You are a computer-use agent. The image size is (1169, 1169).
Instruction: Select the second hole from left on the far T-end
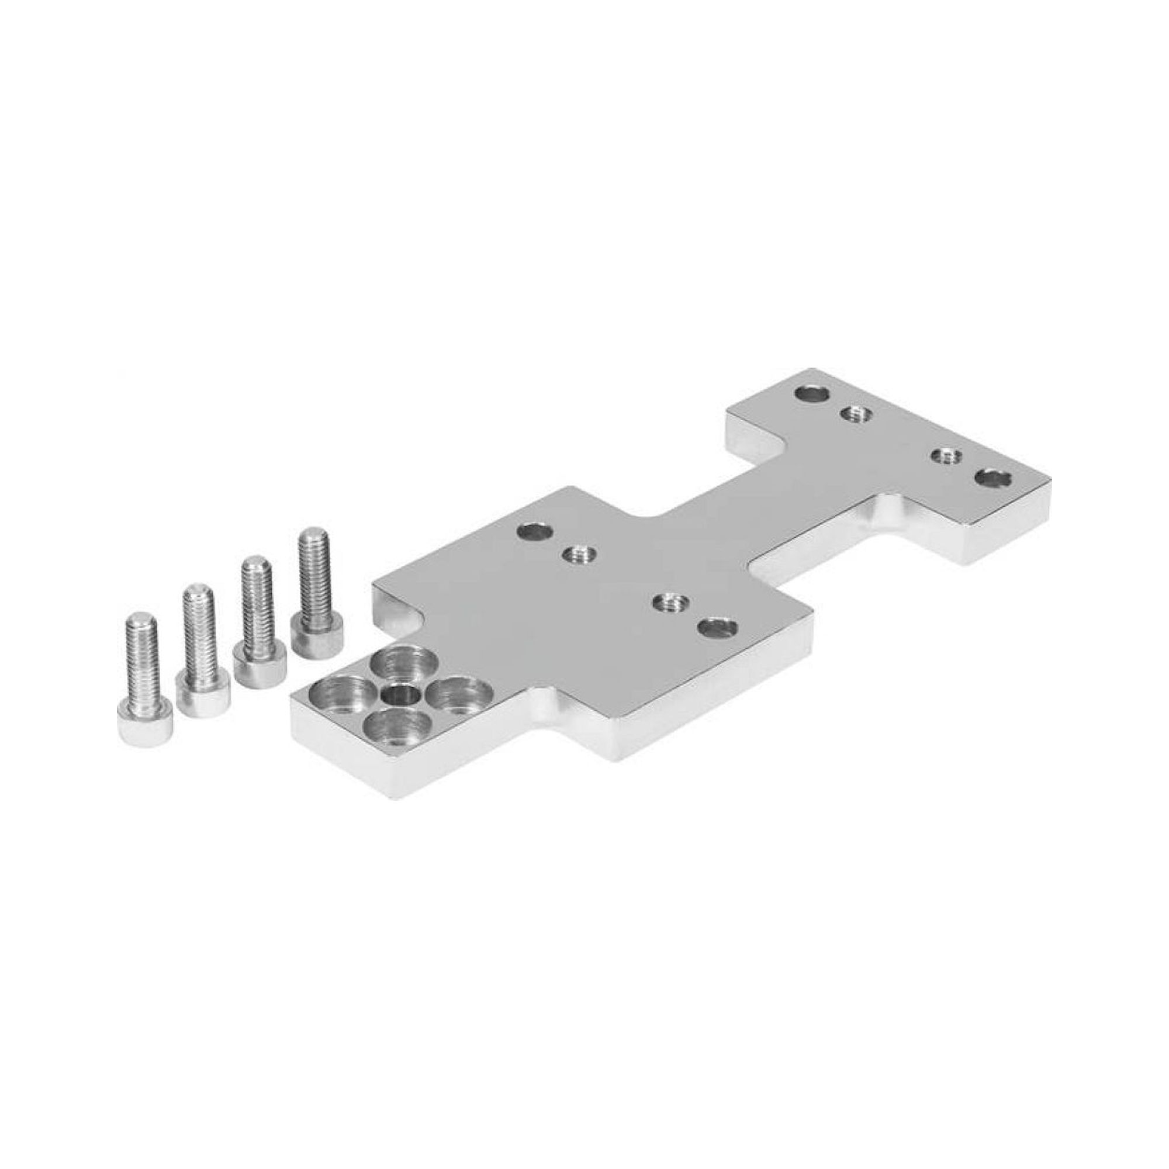[x=855, y=414]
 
